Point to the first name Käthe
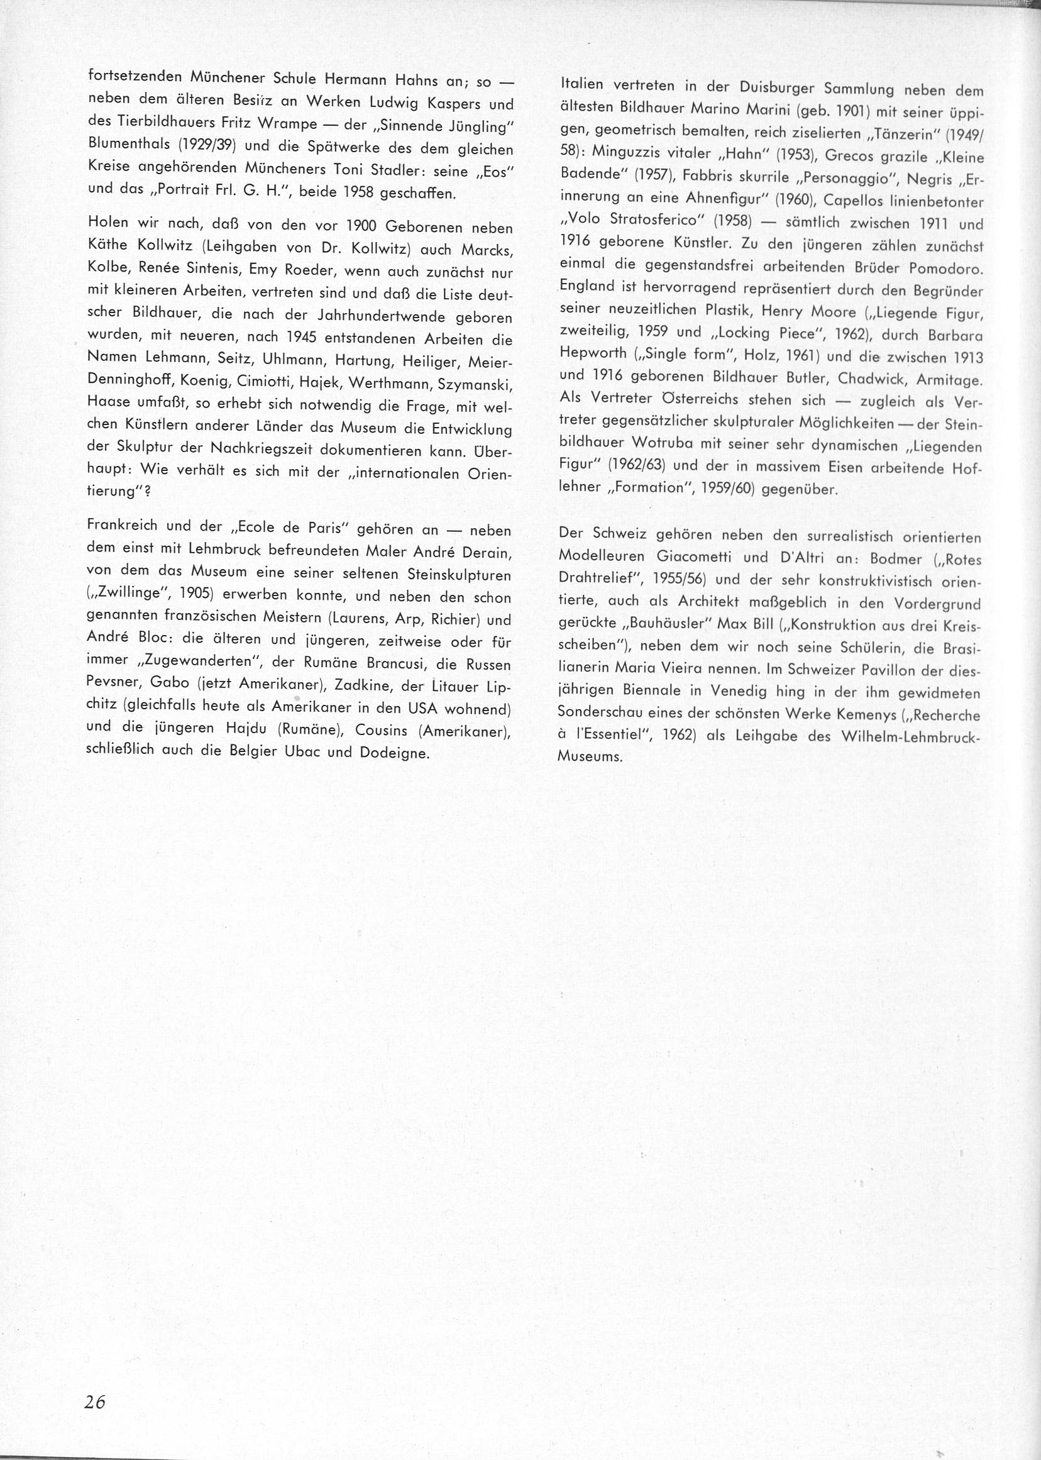pyautogui.click(x=108, y=250)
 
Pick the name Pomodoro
pyautogui.click(x=948, y=267)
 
